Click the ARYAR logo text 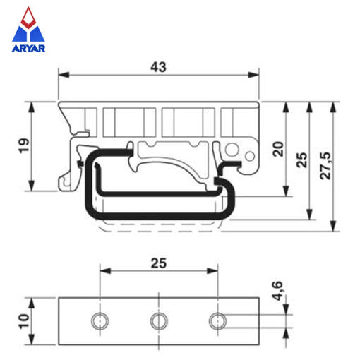coord(28,48)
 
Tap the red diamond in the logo coord(28,18)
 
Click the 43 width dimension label coord(158,67)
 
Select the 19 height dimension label coord(24,146)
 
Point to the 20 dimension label coord(278,149)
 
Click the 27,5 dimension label coord(325,166)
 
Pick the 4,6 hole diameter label coord(277,290)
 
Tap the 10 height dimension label coord(24,321)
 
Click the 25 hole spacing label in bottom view coord(159,263)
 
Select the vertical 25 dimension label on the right coord(301,160)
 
